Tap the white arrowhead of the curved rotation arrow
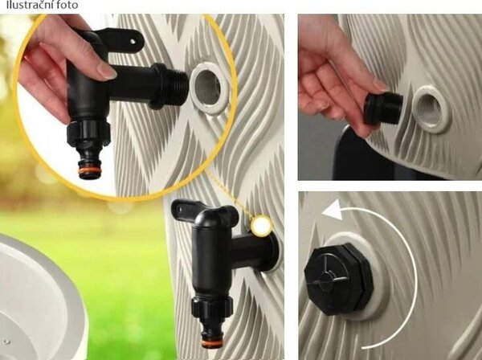[x=332, y=209]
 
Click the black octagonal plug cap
[x=339, y=279]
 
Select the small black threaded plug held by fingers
[x=383, y=108]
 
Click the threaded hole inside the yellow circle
[x=208, y=88]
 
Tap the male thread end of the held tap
[x=178, y=85]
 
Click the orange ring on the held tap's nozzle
[x=89, y=170]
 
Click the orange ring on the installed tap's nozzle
[x=212, y=342]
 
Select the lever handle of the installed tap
[x=204, y=211]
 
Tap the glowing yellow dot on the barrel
[x=262, y=226]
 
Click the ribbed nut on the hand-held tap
[x=88, y=133]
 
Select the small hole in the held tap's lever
[x=133, y=41]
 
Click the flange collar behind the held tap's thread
[x=158, y=86]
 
